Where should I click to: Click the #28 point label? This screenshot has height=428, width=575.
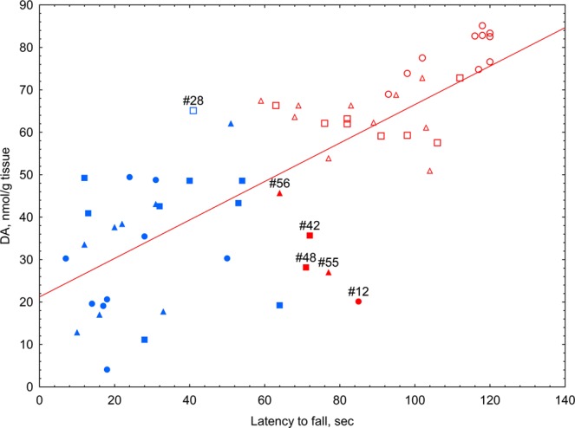click(193, 101)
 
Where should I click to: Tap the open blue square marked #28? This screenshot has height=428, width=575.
click(193, 111)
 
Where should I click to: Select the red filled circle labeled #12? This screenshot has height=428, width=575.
click(358, 302)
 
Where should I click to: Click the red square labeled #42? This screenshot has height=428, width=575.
click(310, 236)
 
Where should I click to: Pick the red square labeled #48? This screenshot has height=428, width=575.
click(305, 268)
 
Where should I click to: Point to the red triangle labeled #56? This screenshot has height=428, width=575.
click(279, 194)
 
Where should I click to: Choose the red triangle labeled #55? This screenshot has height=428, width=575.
click(329, 273)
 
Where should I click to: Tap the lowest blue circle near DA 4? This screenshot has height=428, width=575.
click(107, 370)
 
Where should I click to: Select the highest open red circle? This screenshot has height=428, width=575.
click(482, 26)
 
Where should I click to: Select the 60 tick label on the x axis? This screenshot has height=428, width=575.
click(265, 400)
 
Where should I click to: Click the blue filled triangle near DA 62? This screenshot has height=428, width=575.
click(231, 124)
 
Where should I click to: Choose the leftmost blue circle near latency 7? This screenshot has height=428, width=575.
click(66, 259)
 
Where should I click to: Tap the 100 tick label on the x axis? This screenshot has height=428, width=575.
click(414, 400)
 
